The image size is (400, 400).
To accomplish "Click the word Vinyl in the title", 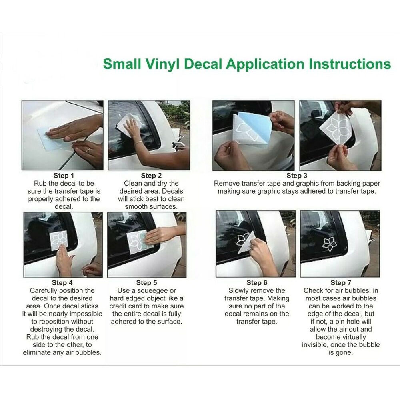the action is click(x=162, y=64).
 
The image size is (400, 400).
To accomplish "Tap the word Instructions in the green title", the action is click(x=350, y=64).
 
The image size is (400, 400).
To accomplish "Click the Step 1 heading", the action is click(x=64, y=176).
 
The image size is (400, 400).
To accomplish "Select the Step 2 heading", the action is click(x=151, y=176).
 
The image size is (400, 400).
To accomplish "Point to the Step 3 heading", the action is click(x=297, y=176).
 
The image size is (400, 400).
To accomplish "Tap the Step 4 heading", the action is click(x=62, y=283).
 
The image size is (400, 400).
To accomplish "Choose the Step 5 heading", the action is click(x=146, y=283).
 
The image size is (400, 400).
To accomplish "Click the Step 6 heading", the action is click(x=257, y=283).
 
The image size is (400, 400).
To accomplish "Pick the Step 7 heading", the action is click(x=341, y=283).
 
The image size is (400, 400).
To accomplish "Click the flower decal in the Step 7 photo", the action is click(x=329, y=244).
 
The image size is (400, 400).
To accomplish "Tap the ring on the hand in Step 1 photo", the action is click(x=88, y=151).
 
